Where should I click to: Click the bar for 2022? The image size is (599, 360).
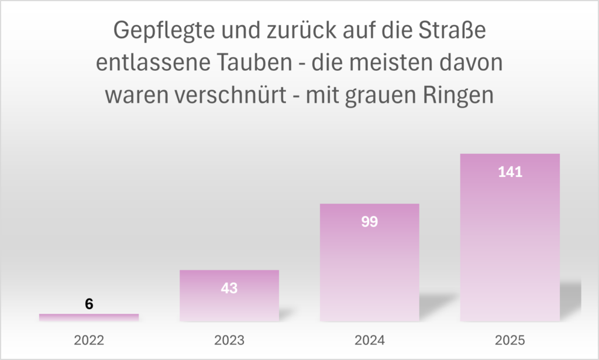89,317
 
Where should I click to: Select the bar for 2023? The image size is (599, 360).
229,296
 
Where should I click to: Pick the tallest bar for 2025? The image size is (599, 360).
510,237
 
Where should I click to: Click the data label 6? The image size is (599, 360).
89,304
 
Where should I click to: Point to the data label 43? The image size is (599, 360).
229,289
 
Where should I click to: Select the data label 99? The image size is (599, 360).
370,222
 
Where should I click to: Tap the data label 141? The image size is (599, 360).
510,172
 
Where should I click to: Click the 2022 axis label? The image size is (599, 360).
89,340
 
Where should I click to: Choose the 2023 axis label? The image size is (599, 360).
229,340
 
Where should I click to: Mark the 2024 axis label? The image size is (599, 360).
370,340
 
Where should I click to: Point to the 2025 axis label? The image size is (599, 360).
510,340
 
